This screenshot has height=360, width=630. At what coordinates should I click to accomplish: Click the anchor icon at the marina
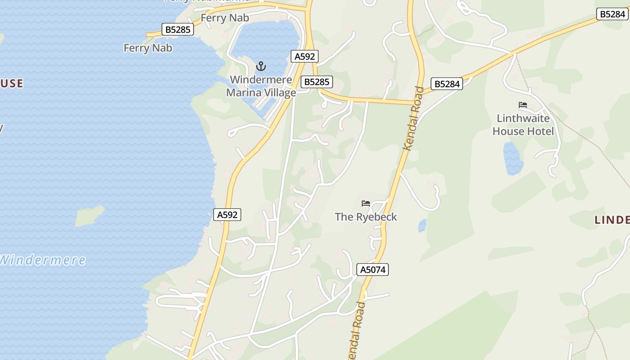[261, 67]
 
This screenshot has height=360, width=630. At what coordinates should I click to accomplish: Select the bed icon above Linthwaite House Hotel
[522, 105]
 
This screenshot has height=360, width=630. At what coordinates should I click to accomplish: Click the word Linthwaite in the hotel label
[523, 118]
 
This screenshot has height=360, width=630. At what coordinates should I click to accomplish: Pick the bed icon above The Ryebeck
[366, 203]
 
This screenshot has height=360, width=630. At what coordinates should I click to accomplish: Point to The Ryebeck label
[366, 217]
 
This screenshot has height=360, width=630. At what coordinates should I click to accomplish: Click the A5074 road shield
[372, 270]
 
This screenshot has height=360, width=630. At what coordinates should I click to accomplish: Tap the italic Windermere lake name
[43, 260]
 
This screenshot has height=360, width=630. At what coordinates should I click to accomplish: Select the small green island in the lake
[89, 216]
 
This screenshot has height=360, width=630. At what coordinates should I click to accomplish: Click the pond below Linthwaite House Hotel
[513, 158]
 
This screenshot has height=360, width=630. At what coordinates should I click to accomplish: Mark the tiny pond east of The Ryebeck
[422, 225]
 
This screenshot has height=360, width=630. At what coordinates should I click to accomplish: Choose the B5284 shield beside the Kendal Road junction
[446, 84]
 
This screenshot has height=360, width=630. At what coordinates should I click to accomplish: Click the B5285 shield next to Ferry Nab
[178, 30]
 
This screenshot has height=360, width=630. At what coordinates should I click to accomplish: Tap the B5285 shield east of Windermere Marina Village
[317, 82]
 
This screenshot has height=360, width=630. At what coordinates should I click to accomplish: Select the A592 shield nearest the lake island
[227, 215]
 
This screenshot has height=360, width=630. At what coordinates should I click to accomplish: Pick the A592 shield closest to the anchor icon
[305, 56]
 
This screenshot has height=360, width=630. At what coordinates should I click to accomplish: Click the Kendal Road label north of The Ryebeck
[414, 118]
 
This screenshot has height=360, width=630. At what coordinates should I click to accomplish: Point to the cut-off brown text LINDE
[612, 220]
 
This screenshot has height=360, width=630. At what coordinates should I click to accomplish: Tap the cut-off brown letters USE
[12, 83]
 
